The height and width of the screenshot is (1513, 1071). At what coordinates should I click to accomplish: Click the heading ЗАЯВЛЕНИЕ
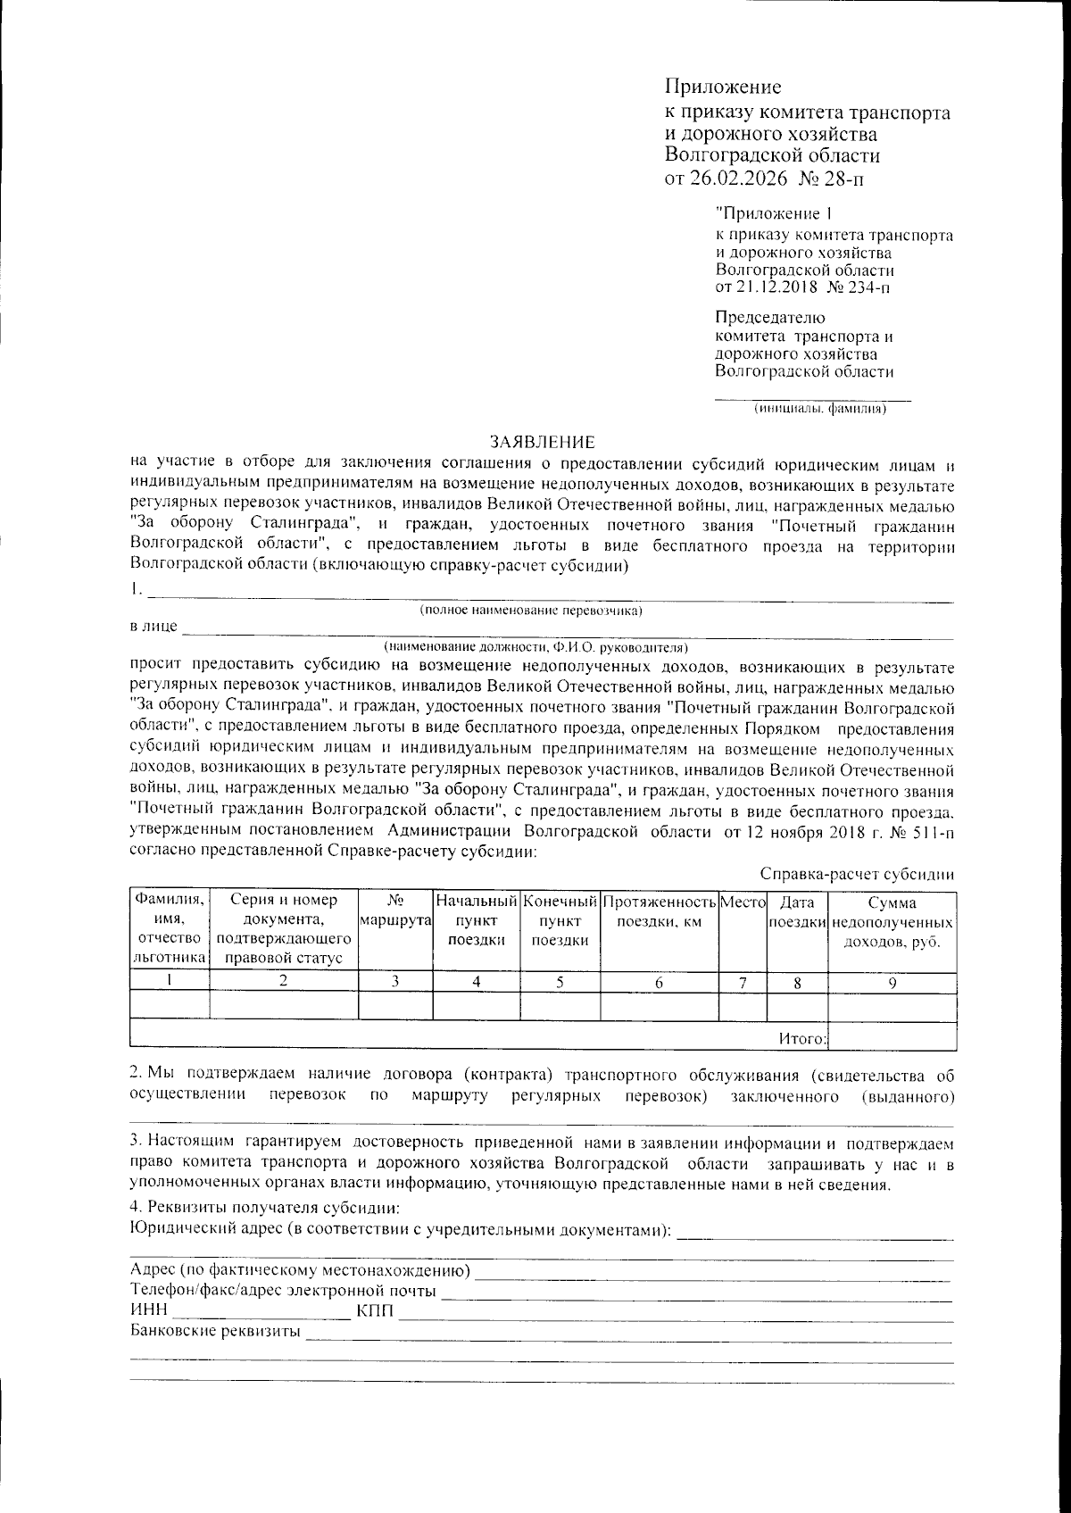click(542, 442)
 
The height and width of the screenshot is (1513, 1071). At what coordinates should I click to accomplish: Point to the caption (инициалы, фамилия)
click(819, 409)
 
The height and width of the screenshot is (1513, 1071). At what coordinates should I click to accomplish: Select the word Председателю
click(771, 318)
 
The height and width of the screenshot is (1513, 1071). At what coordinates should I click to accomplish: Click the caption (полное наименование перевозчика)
click(532, 611)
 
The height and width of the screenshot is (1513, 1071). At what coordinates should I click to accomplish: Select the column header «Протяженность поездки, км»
click(660, 910)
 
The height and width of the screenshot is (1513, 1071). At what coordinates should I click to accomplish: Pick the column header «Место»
click(743, 902)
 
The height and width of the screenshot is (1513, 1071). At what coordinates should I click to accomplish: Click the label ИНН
click(148, 1310)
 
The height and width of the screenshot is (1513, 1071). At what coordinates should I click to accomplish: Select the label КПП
click(375, 1310)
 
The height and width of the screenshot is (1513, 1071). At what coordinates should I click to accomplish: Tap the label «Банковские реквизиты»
click(214, 1332)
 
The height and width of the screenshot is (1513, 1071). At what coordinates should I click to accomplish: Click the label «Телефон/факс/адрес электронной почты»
click(283, 1291)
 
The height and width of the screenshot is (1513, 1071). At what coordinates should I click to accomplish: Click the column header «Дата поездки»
click(797, 910)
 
